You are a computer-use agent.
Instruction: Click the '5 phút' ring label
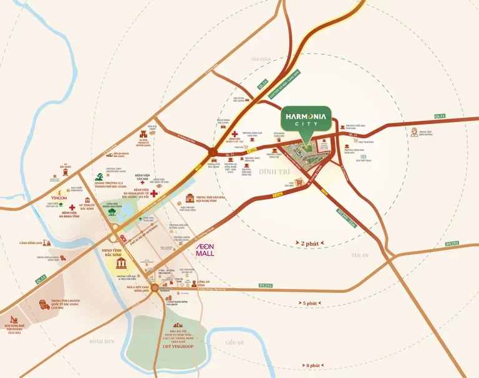(309, 303)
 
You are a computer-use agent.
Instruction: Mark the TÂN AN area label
(360, 255)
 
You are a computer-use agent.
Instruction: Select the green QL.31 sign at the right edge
(440, 116)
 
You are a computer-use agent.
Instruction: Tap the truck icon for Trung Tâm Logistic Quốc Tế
(46, 305)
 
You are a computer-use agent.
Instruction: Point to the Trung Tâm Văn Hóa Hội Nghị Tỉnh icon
(190, 199)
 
